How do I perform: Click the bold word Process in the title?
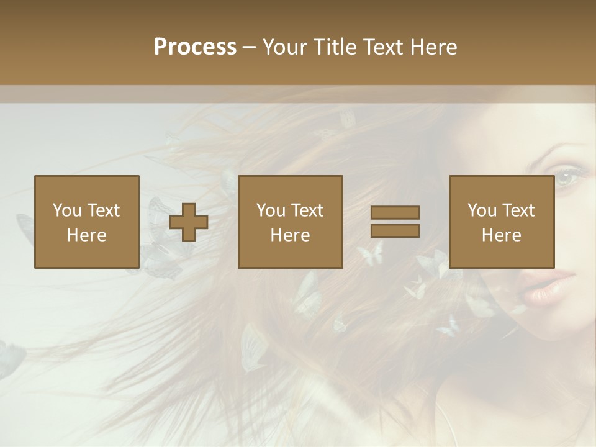tap(195, 47)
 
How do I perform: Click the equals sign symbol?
tap(395, 222)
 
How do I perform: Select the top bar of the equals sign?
tap(395, 212)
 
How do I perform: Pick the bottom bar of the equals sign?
tap(395, 231)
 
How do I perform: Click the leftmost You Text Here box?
tap(87, 222)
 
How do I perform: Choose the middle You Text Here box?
tap(290, 222)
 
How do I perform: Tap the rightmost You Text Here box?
tap(502, 222)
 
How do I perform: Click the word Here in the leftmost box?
tap(87, 235)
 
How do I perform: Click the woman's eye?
tap(566, 178)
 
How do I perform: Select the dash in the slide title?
tap(249, 48)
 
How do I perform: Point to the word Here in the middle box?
tap(290, 235)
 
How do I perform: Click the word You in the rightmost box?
tap(482, 210)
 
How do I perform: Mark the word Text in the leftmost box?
tap(103, 210)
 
